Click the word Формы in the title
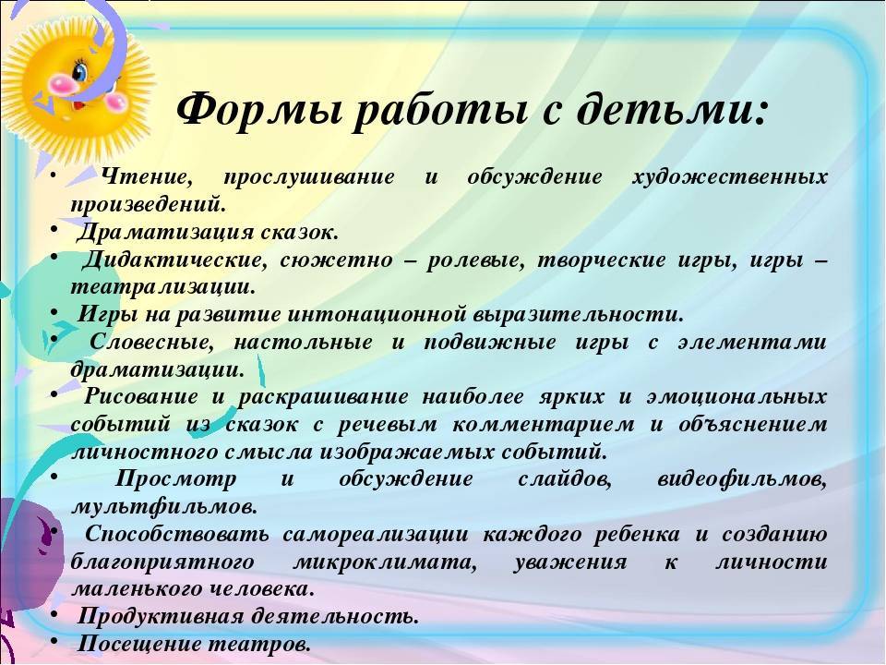(258, 109)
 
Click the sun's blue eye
(80, 71)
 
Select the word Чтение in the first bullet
(147, 177)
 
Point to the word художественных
(729, 178)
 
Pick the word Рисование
(141, 397)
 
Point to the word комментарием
(543, 425)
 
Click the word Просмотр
(176, 480)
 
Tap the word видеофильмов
(742, 480)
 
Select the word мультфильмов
(164, 507)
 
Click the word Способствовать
(177, 535)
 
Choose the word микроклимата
(385, 562)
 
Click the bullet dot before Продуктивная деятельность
(54, 613)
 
